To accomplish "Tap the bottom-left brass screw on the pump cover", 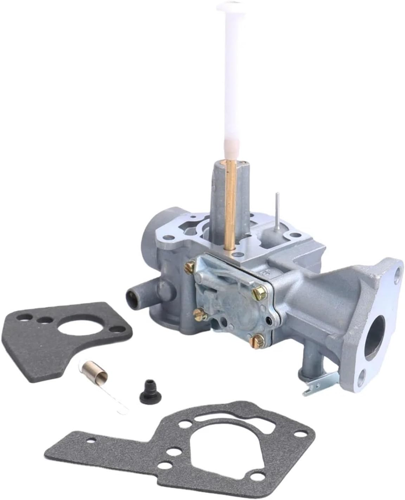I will click(x=198, y=313).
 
